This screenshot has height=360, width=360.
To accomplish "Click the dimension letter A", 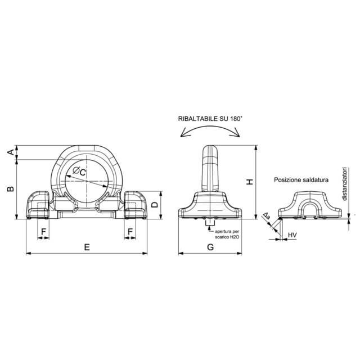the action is [x=10, y=152].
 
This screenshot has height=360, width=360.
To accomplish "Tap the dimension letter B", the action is [x=10, y=189].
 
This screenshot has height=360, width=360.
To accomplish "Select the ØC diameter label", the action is [x=79, y=171].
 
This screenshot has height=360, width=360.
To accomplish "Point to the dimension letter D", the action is [x=155, y=205].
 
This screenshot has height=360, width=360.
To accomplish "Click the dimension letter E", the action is [x=87, y=247].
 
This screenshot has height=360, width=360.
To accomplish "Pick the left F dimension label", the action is [x=43, y=232].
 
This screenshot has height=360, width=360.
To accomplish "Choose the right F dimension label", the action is [x=130, y=232].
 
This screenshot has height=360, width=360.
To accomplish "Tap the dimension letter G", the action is [x=210, y=247].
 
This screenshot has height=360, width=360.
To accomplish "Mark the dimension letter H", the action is [x=250, y=182].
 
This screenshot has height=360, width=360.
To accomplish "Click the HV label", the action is [x=292, y=235].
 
